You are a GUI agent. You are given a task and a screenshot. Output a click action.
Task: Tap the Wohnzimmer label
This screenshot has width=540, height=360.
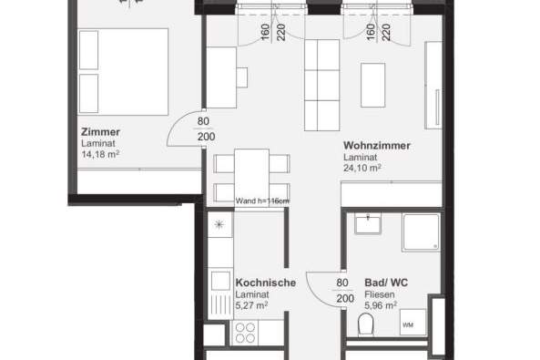pyautogui.click(x=376, y=146)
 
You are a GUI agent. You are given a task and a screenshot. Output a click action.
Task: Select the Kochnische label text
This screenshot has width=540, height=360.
pyautogui.click(x=265, y=283)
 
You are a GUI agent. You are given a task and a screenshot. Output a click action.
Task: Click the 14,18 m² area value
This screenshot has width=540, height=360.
pyautogui.click(x=100, y=154)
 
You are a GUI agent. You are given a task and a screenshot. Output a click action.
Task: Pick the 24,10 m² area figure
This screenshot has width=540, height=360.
pyautogui.click(x=362, y=168)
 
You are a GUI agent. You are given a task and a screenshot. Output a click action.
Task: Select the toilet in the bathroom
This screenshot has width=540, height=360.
pyautogui.click(x=366, y=325)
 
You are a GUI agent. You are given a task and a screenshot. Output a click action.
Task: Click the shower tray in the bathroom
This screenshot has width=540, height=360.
pyautogui.click(x=420, y=232)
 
